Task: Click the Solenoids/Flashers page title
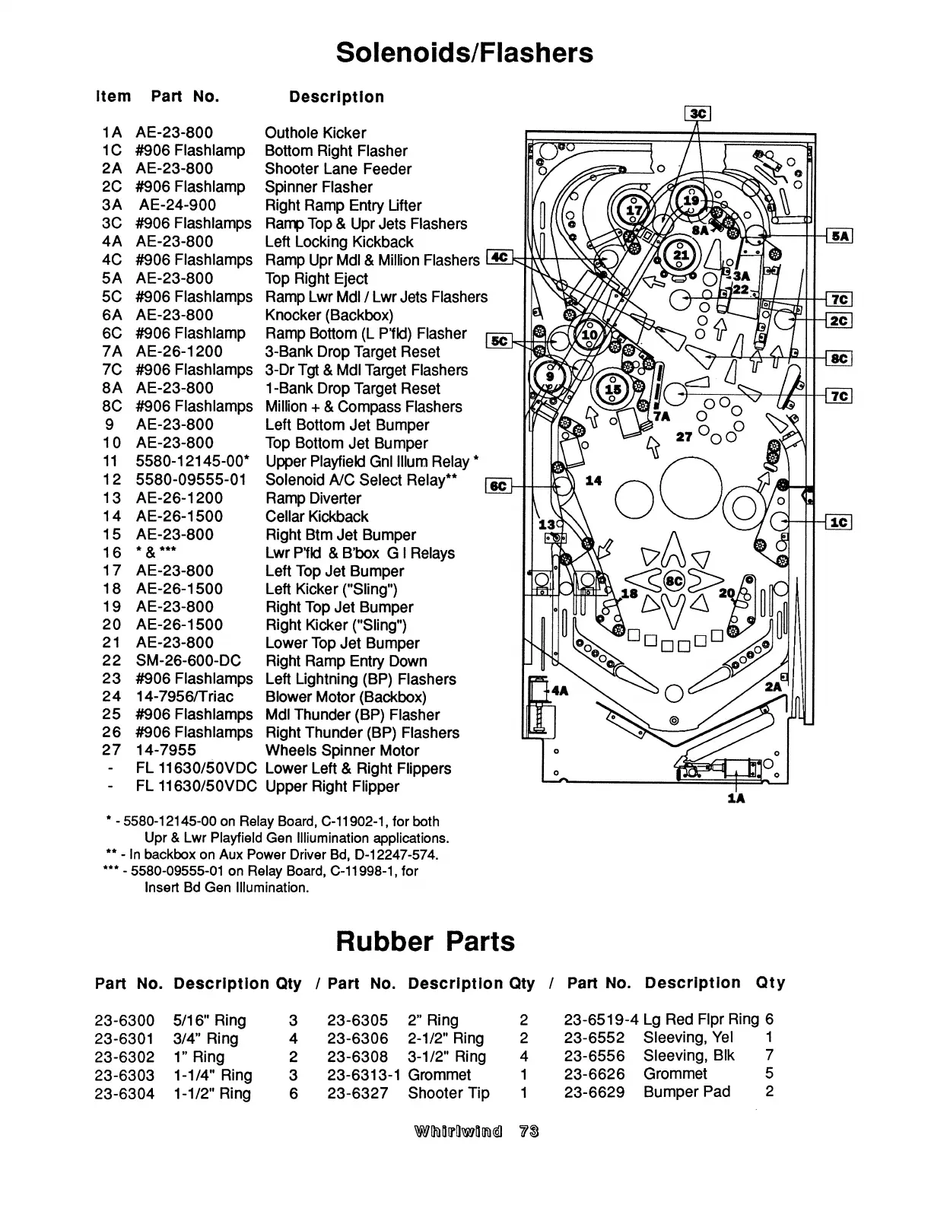click(464, 52)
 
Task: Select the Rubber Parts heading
click(425, 941)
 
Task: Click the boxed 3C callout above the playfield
click(697, 114)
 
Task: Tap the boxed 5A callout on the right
click(840, 237)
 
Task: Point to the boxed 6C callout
click(498, 485)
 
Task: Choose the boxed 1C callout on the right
click(839, 522)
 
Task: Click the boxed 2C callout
click(839, 320)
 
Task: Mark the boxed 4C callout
click(500, 258)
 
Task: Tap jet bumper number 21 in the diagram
click(682, 255)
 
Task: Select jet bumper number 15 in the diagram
click(614, 390)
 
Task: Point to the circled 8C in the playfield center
click(674, 580)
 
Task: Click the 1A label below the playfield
click(736, 798)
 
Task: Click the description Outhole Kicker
click(315, 132)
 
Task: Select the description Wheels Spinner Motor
click(342, 750)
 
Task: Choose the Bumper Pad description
click(686, 1092)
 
